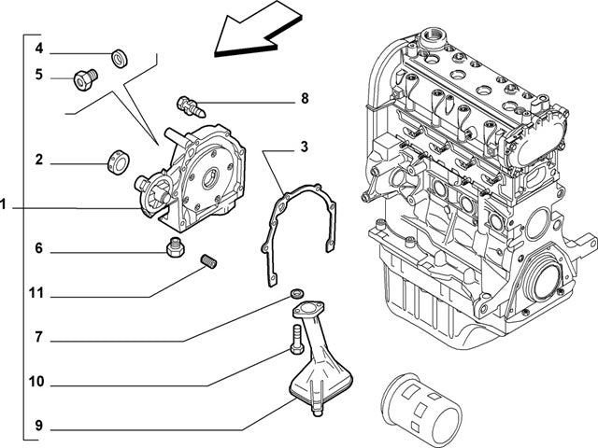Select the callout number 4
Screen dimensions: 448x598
(x=39, y=48)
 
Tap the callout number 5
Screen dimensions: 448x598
(x=39, y=75)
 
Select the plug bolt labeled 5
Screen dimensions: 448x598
(x=86, y=81)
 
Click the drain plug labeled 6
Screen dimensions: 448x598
(x=173, y=249)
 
